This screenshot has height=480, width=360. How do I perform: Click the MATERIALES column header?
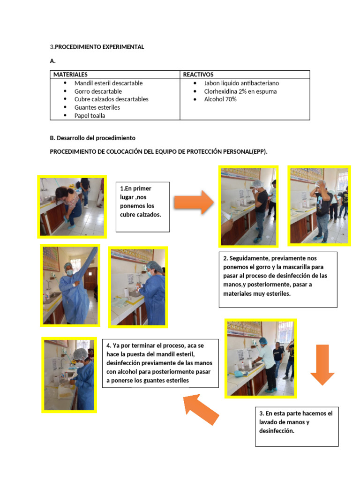[x=70, y=75]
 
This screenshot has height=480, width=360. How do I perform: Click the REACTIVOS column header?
[x=198, y=75]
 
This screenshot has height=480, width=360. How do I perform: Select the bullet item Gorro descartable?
[x=98, y=91]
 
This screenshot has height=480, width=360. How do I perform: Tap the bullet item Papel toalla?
[x=90, y=116]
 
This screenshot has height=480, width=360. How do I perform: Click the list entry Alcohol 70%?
[x=220, y=99]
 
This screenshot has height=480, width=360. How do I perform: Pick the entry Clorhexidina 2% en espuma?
[x=240, y=91]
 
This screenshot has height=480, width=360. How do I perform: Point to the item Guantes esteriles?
[x=97, y=107]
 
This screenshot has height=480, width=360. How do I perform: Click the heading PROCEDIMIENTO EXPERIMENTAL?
[x=99, y=47]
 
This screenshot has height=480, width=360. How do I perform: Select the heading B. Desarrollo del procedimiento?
[x=92, y=138]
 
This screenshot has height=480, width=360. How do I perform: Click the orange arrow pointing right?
[x=194, y=202]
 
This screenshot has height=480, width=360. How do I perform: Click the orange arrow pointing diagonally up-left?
[x=201, y=409]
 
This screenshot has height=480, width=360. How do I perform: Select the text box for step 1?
[x=142, y=207]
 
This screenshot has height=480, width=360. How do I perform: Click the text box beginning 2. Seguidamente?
[x=277, y=279]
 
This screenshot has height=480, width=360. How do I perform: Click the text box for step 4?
[x=160, y=363]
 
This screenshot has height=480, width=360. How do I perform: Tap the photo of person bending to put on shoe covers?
[x=72, y=206]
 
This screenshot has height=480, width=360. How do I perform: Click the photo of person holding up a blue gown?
[x=70, y=285]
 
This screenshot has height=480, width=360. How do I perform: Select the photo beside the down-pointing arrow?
[x=260, y=358]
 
